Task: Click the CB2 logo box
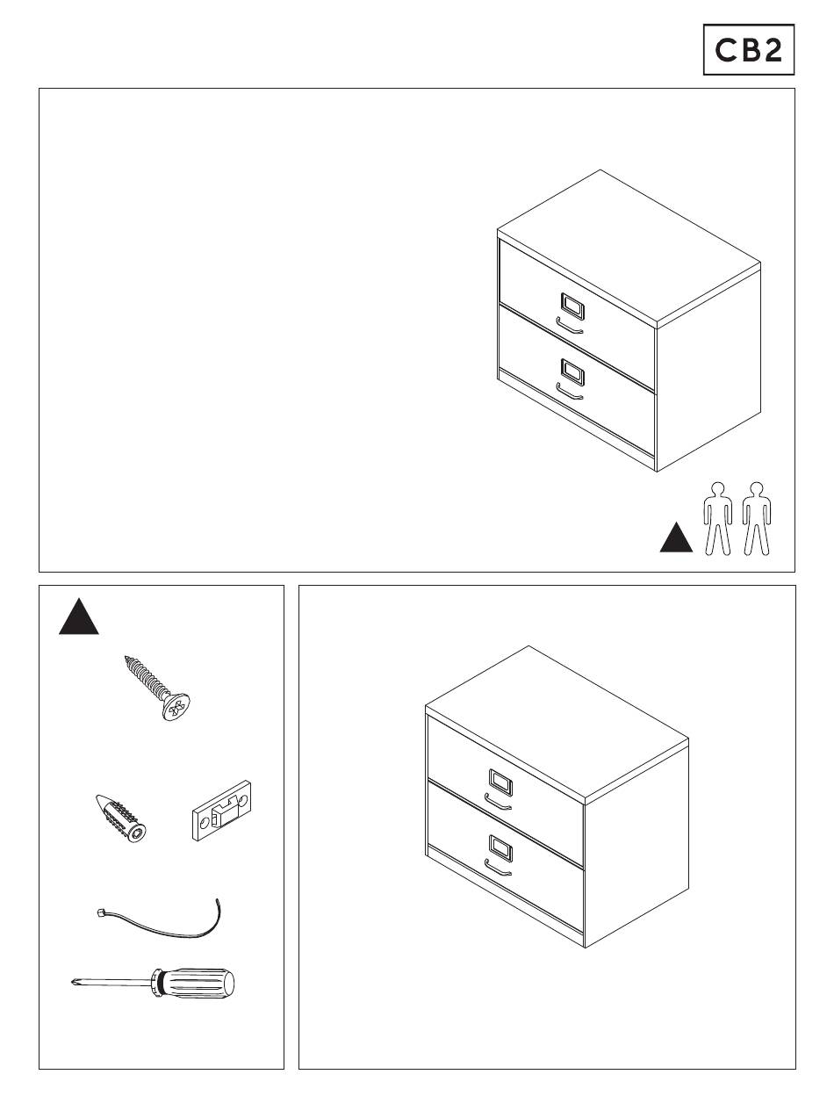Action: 748,49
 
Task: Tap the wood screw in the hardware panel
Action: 157,688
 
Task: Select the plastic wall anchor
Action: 121,818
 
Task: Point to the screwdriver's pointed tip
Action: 73,982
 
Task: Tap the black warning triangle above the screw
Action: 79,617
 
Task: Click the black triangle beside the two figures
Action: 676,537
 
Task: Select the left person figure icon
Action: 718,518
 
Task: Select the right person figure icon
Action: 757,518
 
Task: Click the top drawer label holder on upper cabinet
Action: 572,306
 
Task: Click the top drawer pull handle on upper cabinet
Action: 570,326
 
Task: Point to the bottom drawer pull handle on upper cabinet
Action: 570,393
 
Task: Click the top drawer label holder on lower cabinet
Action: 500,782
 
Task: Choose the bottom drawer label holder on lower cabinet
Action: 500,848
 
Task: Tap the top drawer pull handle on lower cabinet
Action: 498,803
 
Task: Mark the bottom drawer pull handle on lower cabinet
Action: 498,869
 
